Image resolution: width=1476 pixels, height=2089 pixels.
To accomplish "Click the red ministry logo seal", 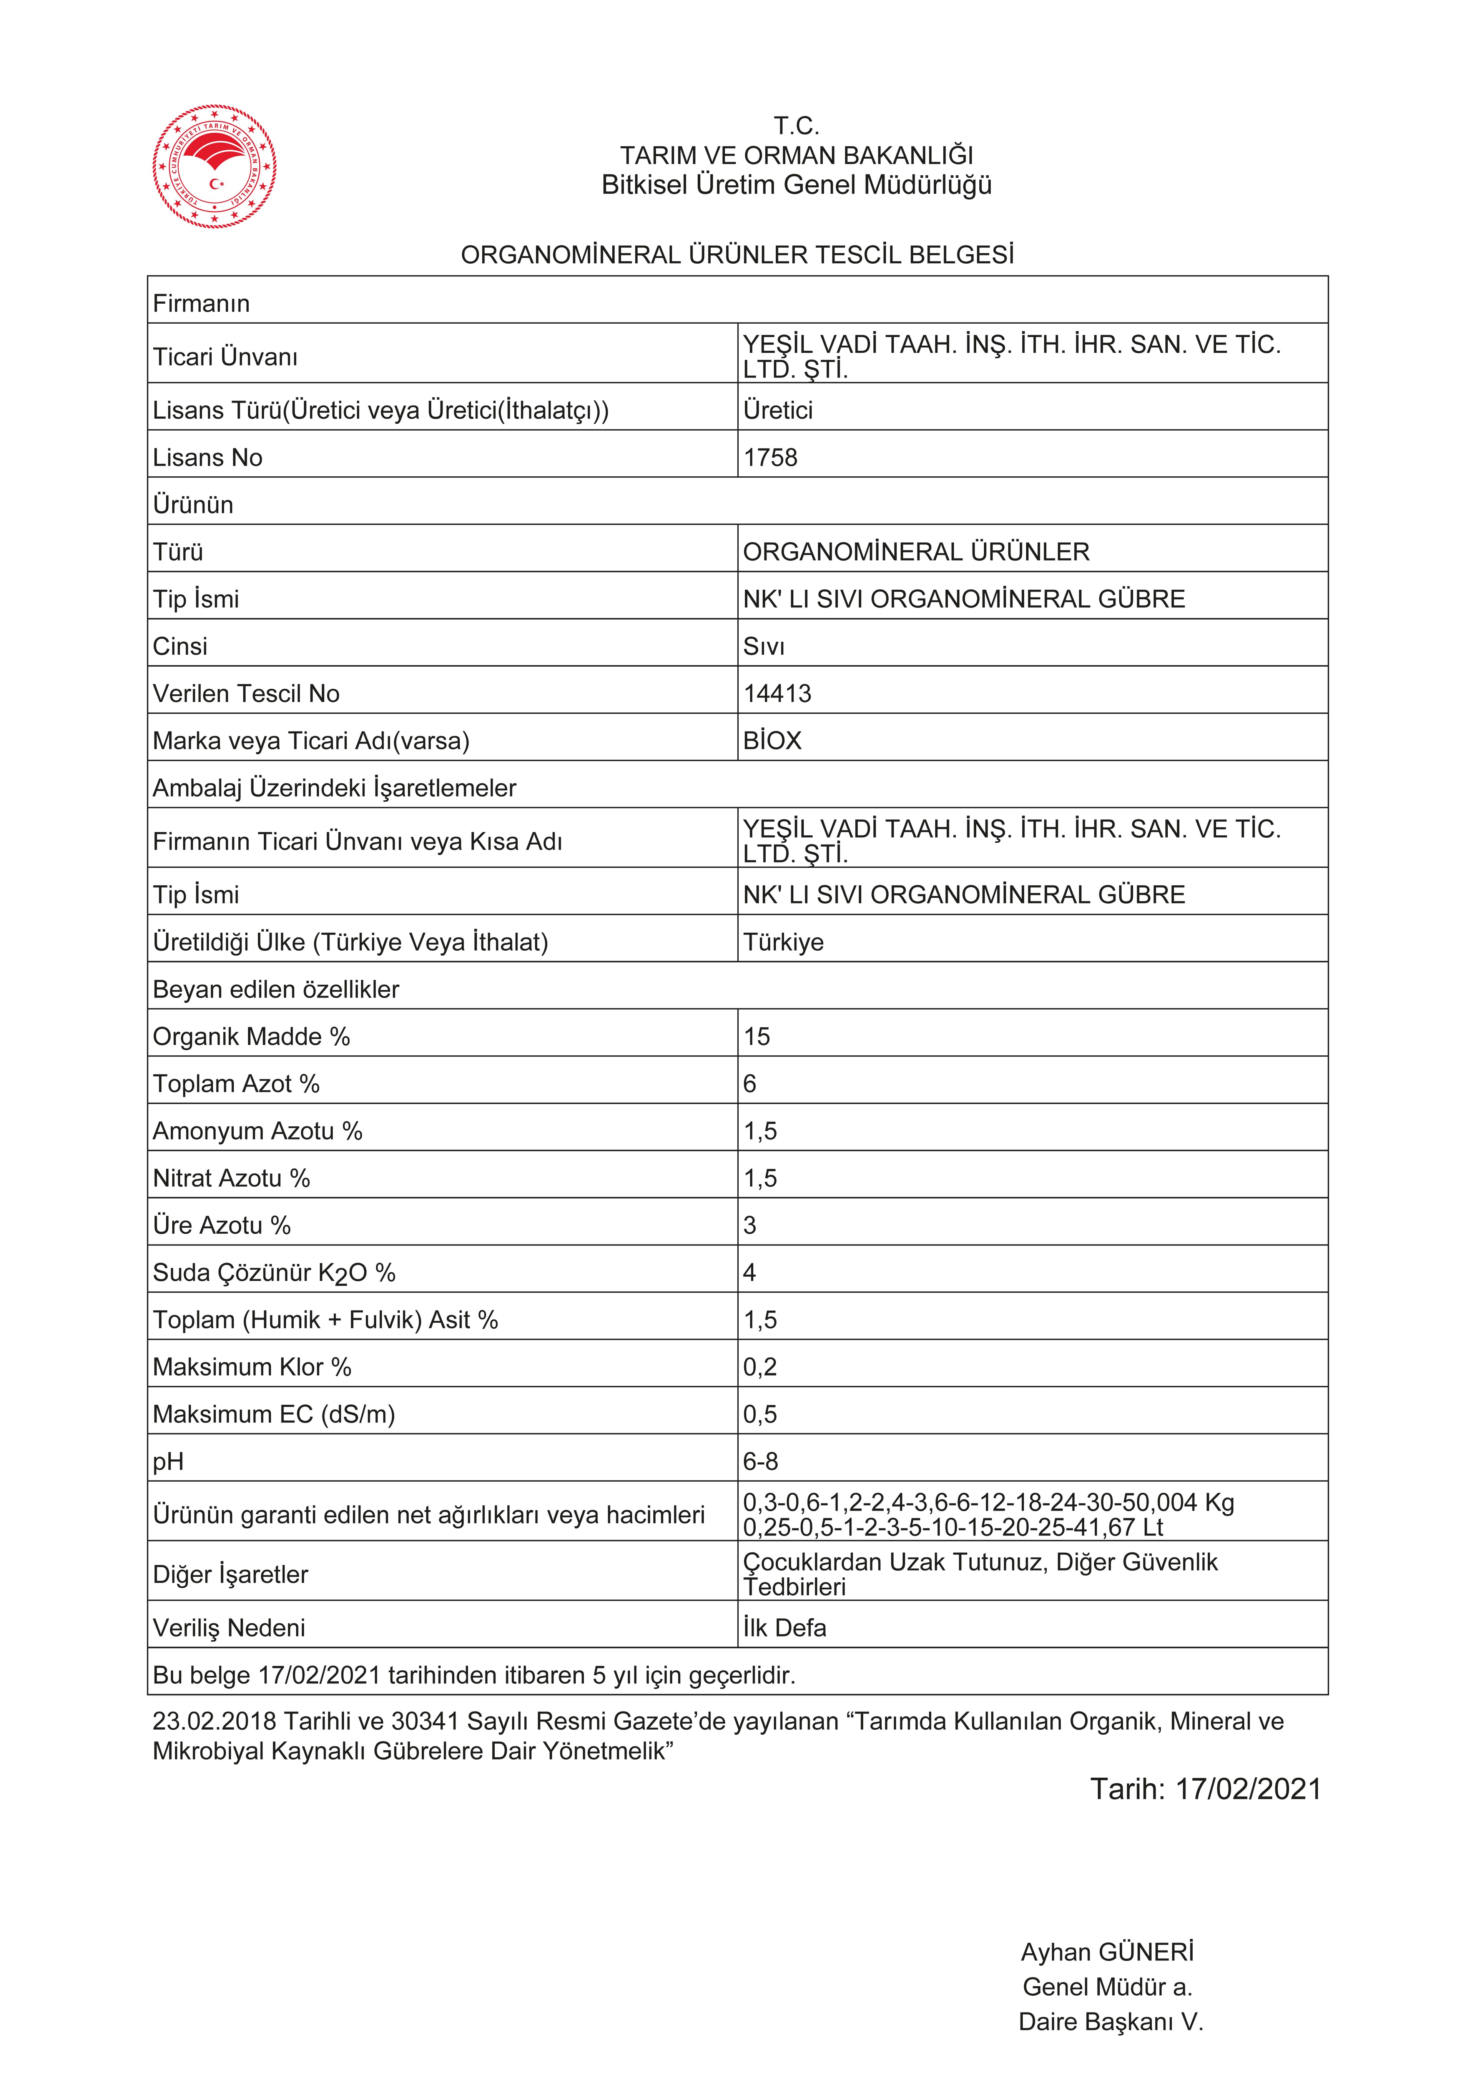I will click(x=215, y=166).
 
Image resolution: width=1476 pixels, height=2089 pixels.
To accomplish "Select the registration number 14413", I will click(x=777, y=693).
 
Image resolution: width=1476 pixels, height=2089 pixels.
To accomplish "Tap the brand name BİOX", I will click(x=773, y=741).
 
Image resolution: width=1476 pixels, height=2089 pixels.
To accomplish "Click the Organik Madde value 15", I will click(x=757, y=1036).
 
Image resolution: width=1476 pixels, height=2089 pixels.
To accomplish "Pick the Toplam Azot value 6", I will click(x=750, y=1084).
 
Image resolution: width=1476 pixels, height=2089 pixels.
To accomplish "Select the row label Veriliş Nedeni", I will click(x=229, y=1628).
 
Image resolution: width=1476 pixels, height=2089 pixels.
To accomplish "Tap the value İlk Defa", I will click(x=785, y=1628).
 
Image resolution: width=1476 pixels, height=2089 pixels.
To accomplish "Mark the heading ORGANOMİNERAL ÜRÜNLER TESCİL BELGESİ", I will click(x=737, y=255).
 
